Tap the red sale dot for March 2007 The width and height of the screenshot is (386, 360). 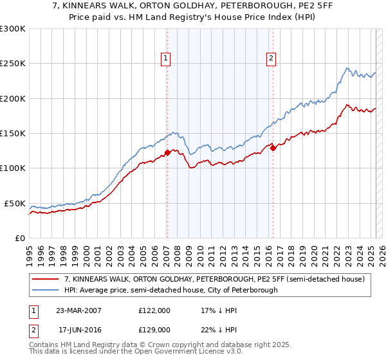click(x=167, y=152)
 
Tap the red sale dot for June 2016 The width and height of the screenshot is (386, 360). click(x=273, y=148)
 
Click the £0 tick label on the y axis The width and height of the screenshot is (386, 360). click(x=19, y=238)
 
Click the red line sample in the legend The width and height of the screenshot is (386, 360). click(x=46, y=279)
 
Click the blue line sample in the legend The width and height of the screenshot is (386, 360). click(x=46, y=290)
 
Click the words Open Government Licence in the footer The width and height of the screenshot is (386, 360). click(x=176, y=352)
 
